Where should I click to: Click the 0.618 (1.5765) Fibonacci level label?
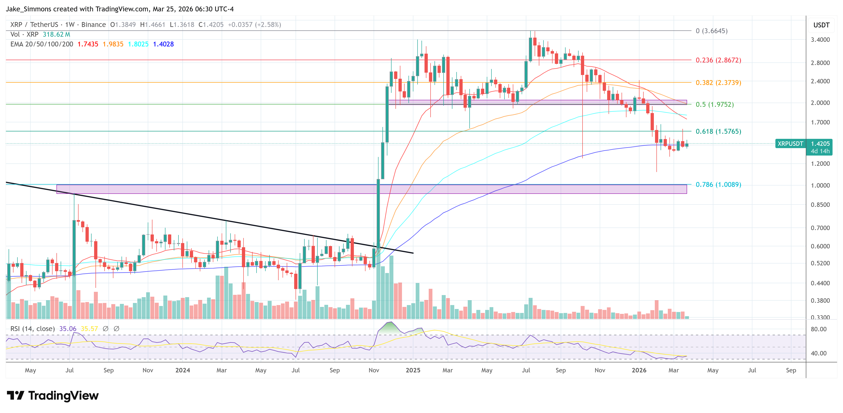click(x=718, y=131)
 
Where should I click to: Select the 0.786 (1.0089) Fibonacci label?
click(x=718, y=185)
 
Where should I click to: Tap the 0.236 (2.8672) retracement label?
click(x=718, y=60)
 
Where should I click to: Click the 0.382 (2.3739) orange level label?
click(x=718, y=83)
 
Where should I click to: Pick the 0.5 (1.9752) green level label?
click(x=715, y=105)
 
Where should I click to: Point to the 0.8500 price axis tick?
click(x=820, y=205)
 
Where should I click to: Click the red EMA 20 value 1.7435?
click(x=88, y=44)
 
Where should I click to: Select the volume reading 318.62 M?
click(x=56, y=35)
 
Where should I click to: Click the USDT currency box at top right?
click(x=821, y=25)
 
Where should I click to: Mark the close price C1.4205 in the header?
click(x=211, y=25)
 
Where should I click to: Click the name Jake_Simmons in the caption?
click(x=29, y=9)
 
